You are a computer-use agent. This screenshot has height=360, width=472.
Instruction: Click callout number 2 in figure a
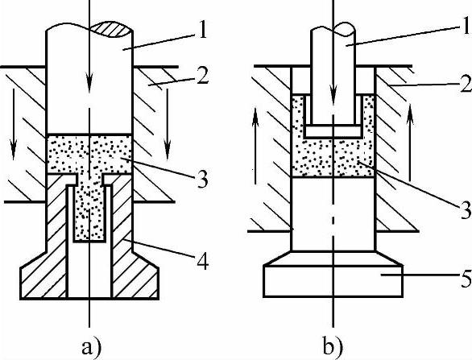point(202,75)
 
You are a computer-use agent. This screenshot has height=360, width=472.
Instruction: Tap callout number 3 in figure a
point(203,179)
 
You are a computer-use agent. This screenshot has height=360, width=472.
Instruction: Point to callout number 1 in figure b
point(467,25)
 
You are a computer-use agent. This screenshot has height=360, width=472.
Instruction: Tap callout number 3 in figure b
point(466,209)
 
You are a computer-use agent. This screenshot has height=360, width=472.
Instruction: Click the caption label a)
point(92,347)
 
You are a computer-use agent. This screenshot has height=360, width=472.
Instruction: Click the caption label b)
point(333,346)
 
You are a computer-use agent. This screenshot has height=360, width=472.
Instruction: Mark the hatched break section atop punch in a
point(112,30)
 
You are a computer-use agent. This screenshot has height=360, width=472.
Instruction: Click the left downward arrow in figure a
point(13,124)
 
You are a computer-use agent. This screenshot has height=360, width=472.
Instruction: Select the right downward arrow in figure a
point(168,124)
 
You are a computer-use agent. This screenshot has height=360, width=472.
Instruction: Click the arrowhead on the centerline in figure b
point(333,90)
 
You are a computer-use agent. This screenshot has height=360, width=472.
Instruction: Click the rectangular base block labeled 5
point(333,281)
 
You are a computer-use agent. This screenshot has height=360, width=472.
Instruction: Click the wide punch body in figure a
point(89,81)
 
